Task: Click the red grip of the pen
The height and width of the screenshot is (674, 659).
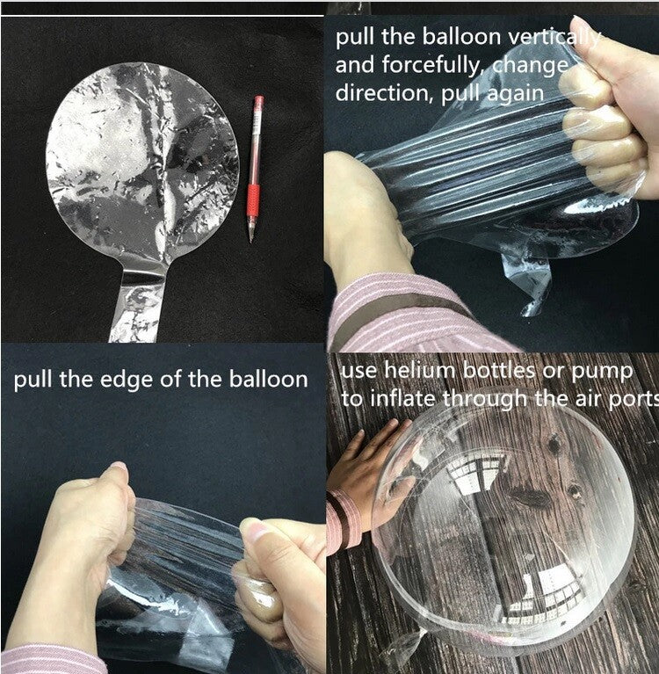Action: point(253,201)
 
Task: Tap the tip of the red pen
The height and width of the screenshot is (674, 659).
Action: point(250,242)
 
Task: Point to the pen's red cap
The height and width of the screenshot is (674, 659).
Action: point(258,102)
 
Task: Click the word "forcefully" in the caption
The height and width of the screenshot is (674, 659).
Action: point(431,66)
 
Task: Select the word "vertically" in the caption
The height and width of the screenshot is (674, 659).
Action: point(554,38)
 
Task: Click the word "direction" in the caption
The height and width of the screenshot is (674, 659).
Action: point(385,93)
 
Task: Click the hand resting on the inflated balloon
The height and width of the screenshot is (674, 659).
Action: point(370,464)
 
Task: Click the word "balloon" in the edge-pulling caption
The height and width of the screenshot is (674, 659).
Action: point(268,380)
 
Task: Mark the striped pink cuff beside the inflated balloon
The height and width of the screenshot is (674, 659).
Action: point(343,520)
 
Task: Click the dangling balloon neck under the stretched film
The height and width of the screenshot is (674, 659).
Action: point(528,279)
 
